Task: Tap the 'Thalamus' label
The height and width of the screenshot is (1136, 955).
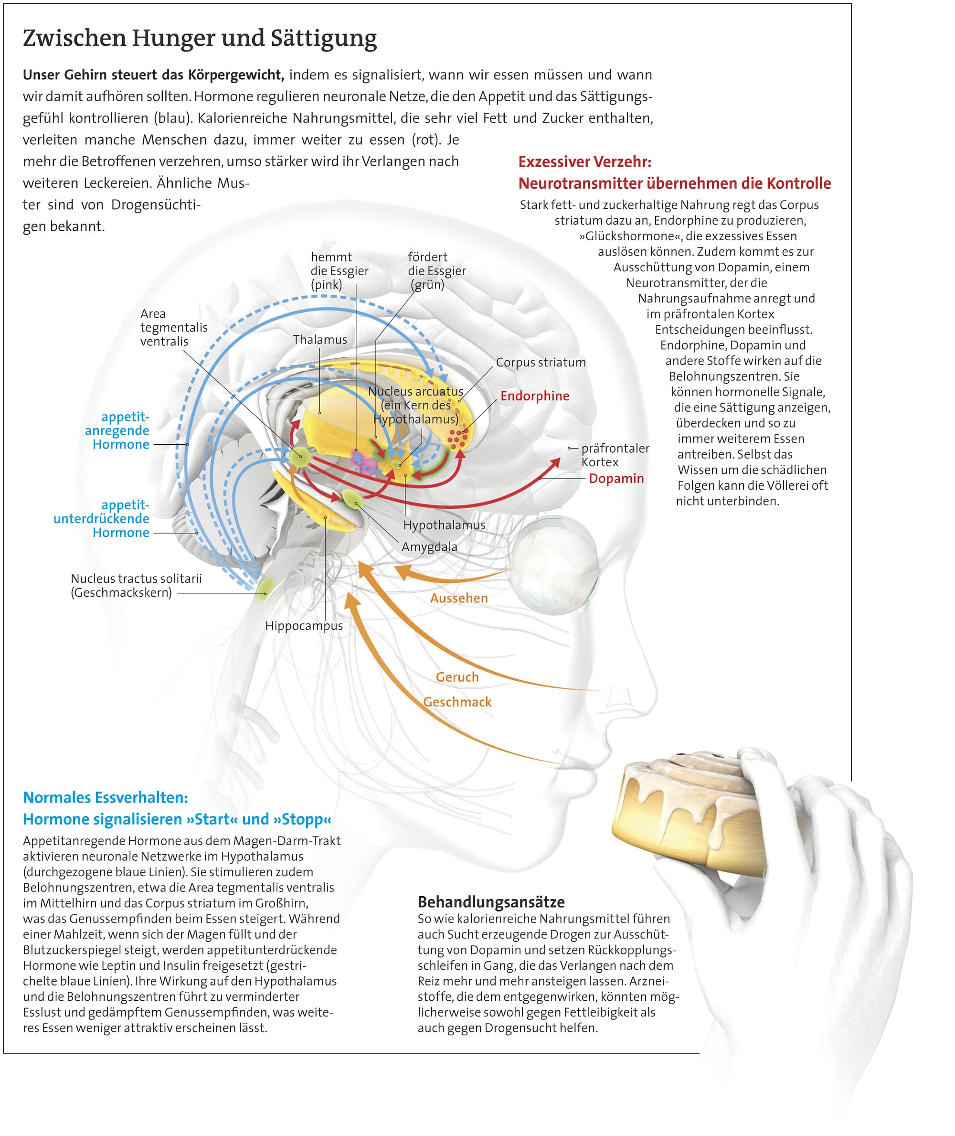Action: [x=320, y=340]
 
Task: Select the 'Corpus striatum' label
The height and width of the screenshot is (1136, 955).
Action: [x=541, y=363]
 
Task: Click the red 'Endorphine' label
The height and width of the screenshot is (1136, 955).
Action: [x=534, y=396]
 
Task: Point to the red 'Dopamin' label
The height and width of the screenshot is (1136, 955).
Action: [x=616, y=478]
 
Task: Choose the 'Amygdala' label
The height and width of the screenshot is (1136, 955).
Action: [x=429, y=547]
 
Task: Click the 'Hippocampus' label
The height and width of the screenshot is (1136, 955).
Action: [x=304, y=626]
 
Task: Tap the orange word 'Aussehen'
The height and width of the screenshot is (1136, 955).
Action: [x=459, y=598]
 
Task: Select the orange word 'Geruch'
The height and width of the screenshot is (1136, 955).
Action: [x=457, y=677]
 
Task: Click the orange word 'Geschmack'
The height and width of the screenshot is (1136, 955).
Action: [x=457, y=702]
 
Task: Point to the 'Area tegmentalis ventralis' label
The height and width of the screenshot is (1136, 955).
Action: [x=173, y=327]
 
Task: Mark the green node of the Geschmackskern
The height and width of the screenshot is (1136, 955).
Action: [x=265, y=587]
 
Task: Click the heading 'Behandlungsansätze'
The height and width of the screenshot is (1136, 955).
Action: [x=491, y=902]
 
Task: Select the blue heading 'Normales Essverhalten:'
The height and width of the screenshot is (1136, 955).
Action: [x=106, y=797]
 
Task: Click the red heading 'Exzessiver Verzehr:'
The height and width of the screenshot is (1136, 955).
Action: [x=584, y=161]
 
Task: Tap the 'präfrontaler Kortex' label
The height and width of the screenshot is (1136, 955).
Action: [x=615, y=455]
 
